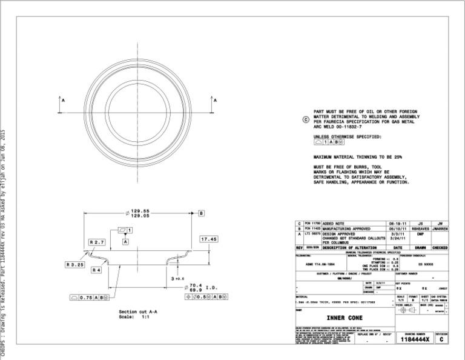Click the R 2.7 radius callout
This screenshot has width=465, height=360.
tap(97, 242)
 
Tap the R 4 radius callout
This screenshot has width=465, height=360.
tap(96, 270)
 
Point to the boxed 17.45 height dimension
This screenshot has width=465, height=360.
tap(209, 239)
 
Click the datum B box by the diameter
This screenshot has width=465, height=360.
tap(201, 213)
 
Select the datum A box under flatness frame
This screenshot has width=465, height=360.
tap(125, 241)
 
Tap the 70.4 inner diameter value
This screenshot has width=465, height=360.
tap(195, 285)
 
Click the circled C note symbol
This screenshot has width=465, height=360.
tap(306, 119)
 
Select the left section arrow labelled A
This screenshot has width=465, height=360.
tap(61, 103)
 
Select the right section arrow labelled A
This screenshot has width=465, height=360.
tap(213, 103)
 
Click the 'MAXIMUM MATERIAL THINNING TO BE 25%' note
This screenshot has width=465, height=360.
tap(357, 156)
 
